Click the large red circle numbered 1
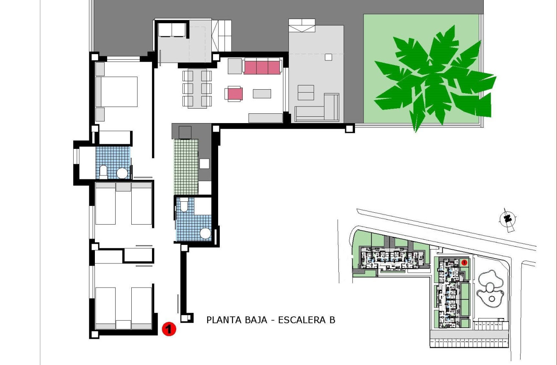(169, 328)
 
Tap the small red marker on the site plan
(464, 262)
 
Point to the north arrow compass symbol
(507, 219)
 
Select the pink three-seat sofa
(262, 67)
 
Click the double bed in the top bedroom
(116, 91)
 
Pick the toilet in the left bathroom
(103, 171)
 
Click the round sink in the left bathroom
(122, 173)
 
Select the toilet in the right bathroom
(184, 205)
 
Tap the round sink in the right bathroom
(205, 233)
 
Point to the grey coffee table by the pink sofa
(262, 93)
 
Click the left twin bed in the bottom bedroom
(105, 307)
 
